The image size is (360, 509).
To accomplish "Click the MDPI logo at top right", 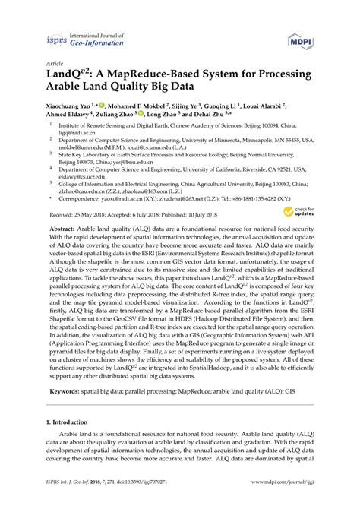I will coord(301,39).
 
